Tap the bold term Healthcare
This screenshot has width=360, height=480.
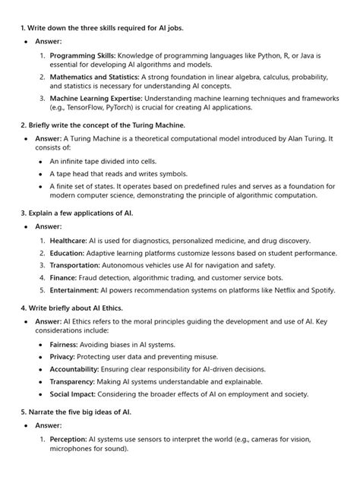coord(68,240)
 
